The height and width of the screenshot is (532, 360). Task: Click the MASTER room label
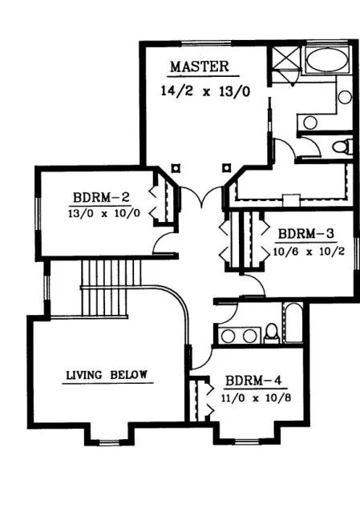[x=200, y=66]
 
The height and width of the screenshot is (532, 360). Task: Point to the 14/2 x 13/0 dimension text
[x=204, y=91]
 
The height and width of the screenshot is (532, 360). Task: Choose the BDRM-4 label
[x=251, y=380]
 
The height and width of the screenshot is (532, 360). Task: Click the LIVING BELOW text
[x=108, y=374]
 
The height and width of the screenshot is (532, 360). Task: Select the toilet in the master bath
[x=342, y=147]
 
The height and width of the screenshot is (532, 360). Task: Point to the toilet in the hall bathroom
[x=271, y=332]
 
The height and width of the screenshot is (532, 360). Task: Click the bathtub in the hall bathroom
[x=293, y=324]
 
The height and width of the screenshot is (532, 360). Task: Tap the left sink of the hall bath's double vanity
[x=228, y=335]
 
